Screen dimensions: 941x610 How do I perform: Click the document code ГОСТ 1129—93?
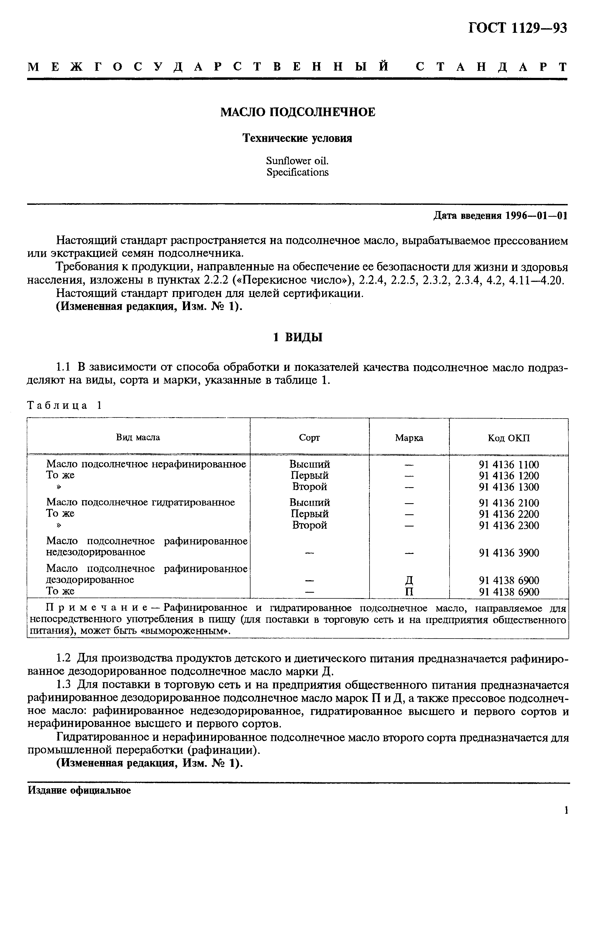pos(518,28)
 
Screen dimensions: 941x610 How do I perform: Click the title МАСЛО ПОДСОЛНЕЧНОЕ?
pos(297,112)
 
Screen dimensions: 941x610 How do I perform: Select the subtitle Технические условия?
pos(297,138)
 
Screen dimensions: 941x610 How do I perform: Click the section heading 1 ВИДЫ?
pos(298,337)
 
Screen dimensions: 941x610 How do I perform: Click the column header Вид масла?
pos(138,437)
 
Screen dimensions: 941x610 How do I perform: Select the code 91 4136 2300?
pos(509,525)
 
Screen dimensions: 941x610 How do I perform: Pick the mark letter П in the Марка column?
pos(409,592)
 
